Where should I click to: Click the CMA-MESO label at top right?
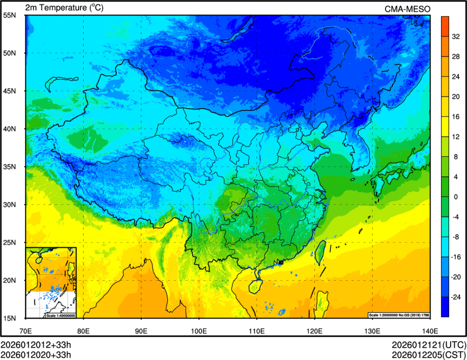click(x=408, y=9)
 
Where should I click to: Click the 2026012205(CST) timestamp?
click(x=428, y=355)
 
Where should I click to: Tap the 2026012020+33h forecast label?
click(x=36, y=355)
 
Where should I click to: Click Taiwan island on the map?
click(x=320, y=251)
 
